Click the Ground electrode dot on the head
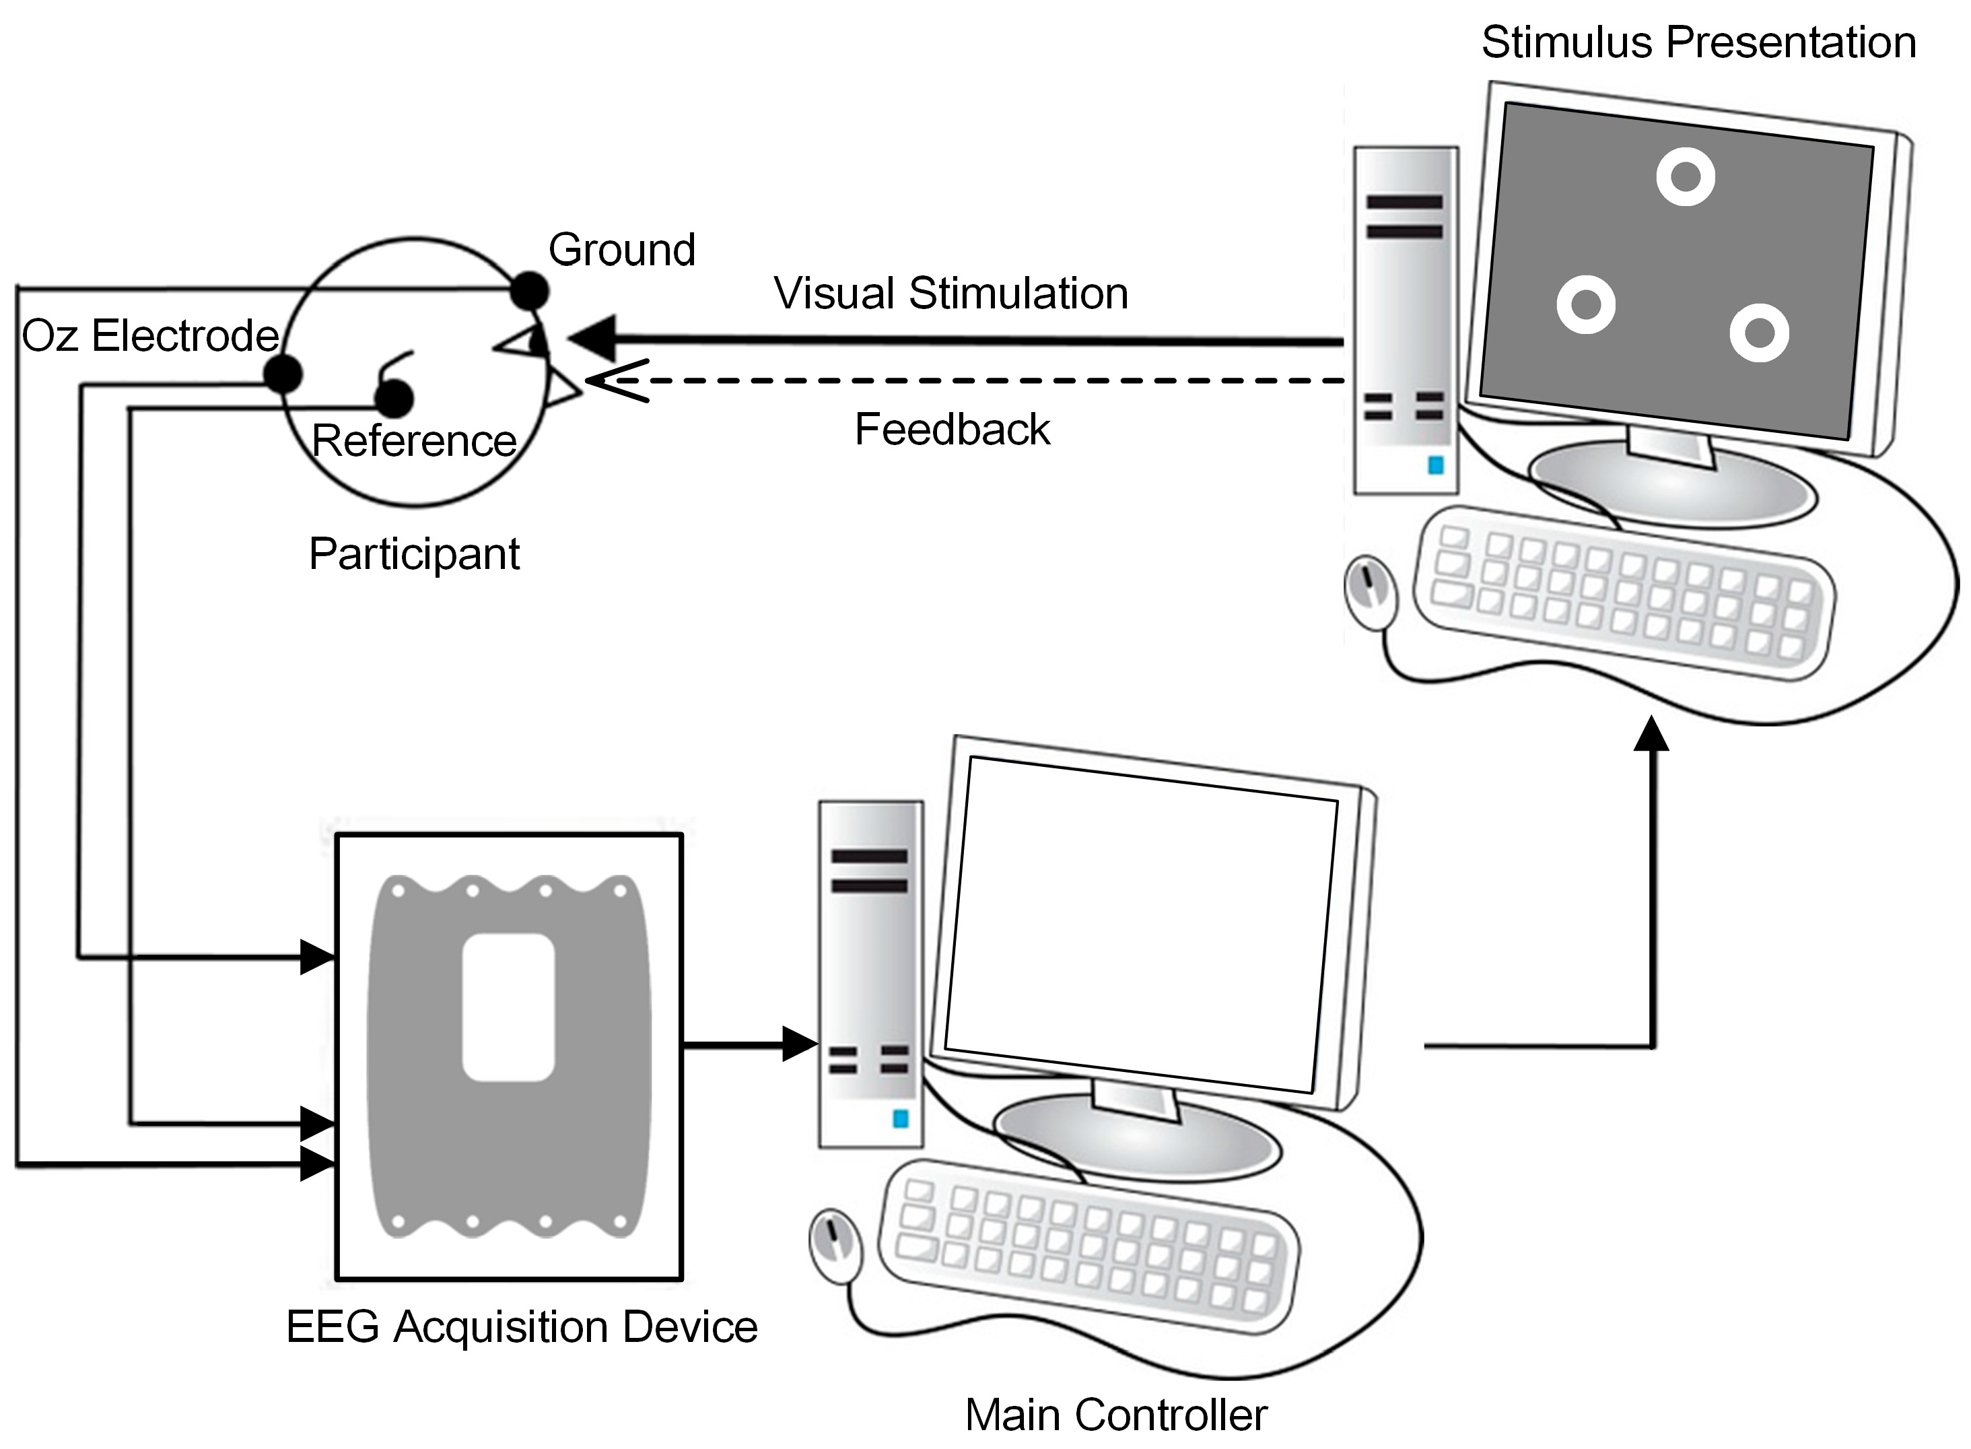click(x=530, y=290)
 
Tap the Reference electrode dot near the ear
click(x=394, y=398)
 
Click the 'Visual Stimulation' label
click(x=950, y=293)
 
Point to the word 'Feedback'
click(x=953, y=429)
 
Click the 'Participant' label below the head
click(x=414, y=554)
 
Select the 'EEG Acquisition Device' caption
click(x=522, y=1326)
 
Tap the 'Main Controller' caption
click(x=1116, y=1415)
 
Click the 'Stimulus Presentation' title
click(x=1698, y=42)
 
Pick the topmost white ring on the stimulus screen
click(x=1685, y=176)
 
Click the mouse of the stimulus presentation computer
click(x=1371, y=592)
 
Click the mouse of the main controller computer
click(x=835, y=1246)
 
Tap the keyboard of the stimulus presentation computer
click(x=1624, y=594)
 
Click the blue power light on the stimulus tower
click(x=1435, y=465)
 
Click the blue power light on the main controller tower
click(x=901, y=1118)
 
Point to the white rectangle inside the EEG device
click(x=508, y=1007)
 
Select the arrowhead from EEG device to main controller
click(x=800, y=1044)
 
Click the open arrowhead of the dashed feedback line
click(x=617, y=380)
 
